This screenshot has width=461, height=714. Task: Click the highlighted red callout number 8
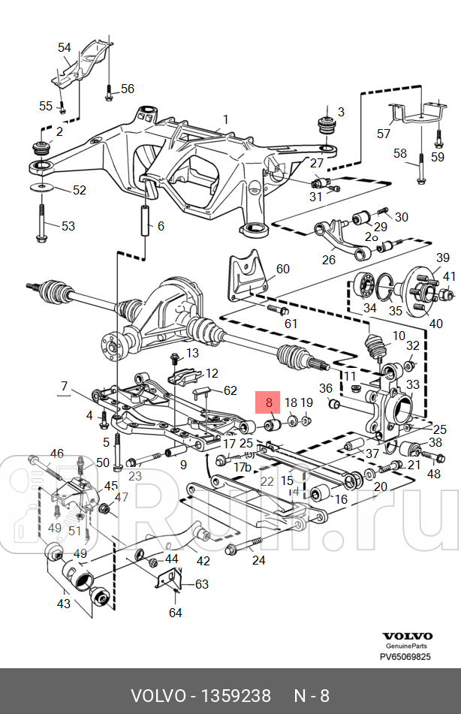tap(270, 403)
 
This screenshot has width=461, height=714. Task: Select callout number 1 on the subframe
tap(226, 119)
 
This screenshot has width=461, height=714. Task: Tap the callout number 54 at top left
tap(64, 47)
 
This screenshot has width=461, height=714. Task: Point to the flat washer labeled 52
tap(41, 185)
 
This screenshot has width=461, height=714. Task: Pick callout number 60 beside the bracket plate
tap(282, 269)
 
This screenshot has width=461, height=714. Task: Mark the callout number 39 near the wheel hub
tap(443, 258)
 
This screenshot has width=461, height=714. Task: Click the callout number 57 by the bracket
tap(384, 134)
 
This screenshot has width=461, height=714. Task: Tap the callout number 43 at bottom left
tap(62, 603)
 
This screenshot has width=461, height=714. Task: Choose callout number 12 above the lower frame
tap(212, 373)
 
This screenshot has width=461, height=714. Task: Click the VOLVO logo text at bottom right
tap(408, 635)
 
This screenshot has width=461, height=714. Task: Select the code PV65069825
tap(405, 656)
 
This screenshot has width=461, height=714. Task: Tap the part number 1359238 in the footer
tap(234, 696)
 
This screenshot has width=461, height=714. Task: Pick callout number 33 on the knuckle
tap(412, 385)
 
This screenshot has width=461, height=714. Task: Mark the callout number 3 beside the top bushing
tap(340, 113)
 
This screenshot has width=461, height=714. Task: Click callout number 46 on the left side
tap(57, 453)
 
